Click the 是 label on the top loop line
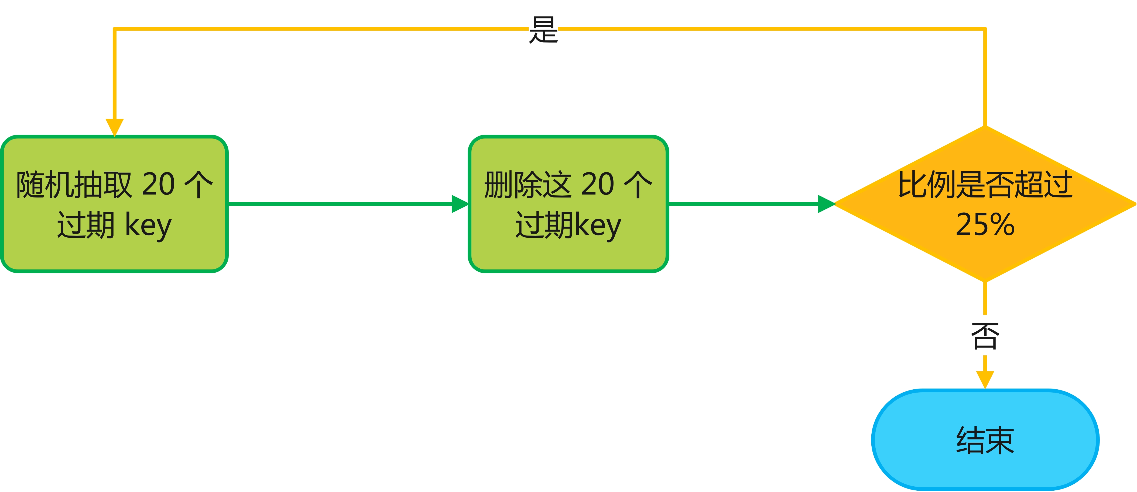[x=543, y=30]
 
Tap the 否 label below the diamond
[x=985, y=336]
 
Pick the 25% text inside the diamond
[x=985, y=224]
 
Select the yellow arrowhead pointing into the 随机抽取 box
[x=114, y=127]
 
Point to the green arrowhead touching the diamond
[x=826, y=204]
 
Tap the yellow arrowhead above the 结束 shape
[x=985, y=379]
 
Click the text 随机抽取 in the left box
[x=74, y=184]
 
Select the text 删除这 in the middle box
[x=528, y=184]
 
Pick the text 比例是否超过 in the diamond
[x=985, y=184]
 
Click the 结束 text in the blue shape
[x=985, y=441]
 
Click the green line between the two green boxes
[x=340, y=204]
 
